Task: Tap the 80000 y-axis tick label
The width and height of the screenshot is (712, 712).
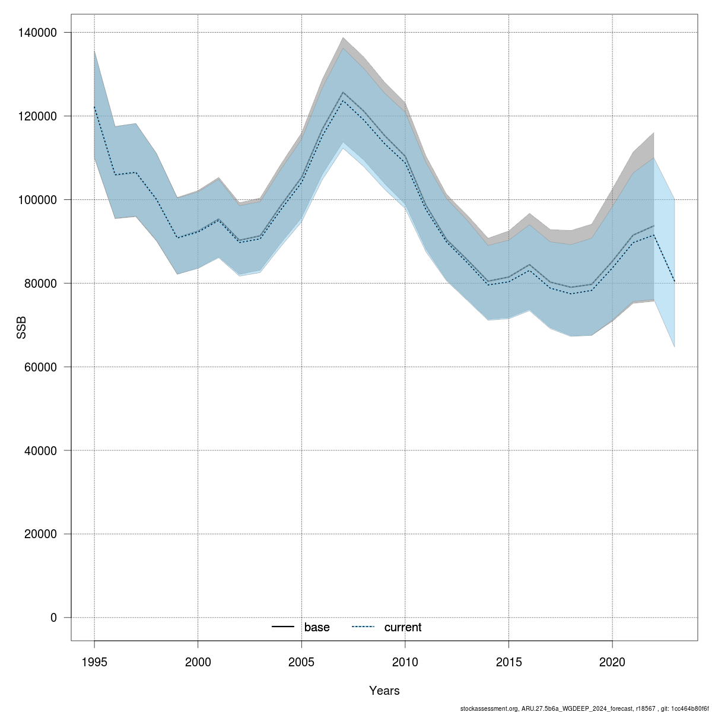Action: pos(42,283)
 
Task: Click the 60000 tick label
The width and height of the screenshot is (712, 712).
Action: pos(42,367)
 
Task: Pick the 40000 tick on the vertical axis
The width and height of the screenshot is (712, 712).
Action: pos(42,450)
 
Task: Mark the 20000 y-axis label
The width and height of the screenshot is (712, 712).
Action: pos(42,534)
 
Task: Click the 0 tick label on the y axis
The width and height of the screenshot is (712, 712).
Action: pos(54,618)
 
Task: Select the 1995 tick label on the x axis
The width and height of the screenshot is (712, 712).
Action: pos(94,662)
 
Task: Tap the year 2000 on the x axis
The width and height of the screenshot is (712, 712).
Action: pos(198,662)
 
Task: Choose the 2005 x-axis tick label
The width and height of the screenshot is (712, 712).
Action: pos(301,662)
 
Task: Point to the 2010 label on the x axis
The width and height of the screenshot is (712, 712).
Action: pos(405,662)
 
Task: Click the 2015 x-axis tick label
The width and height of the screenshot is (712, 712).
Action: pos(508,662)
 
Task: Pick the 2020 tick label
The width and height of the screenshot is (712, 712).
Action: pos(612,662)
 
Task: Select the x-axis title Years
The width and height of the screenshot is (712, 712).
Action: pos(384,691)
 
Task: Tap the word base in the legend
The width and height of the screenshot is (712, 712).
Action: pos(317,627)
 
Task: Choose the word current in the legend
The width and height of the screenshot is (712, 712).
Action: pos(403,627)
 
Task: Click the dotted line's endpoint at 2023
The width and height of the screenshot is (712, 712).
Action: pos(675,281)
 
